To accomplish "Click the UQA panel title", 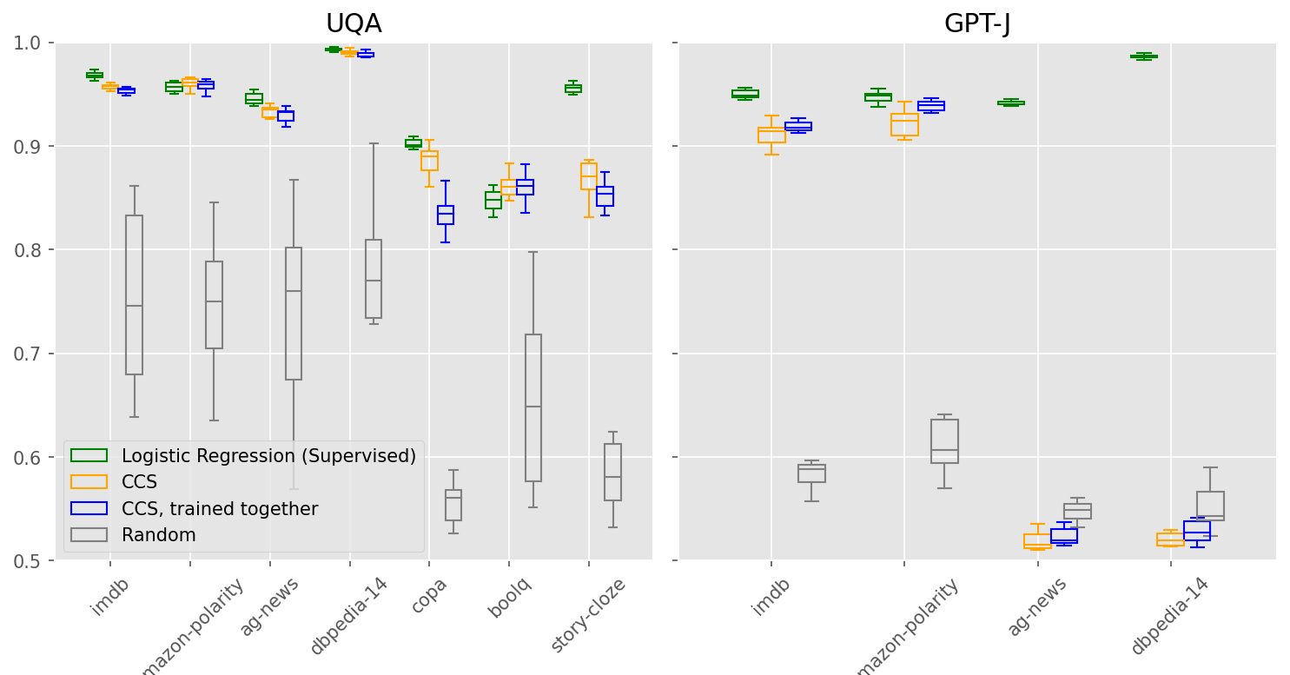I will [354, 23].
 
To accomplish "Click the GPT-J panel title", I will [977, 23].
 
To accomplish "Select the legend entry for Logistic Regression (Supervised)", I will [268, 456].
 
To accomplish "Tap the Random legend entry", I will [158, 535].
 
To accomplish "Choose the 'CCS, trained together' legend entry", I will [219, 509].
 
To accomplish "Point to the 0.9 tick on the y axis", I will [30, 147].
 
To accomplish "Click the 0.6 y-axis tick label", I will [30, 458].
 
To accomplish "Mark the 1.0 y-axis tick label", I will [30, 43].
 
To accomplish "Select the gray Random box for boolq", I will [533, 408].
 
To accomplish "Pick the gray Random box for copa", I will [453, 505].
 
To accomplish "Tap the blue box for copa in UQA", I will [446, 215].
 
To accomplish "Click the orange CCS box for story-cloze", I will [589, 176].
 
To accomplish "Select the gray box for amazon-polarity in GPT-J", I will [944, 441].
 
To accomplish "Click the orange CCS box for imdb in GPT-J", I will [771, 135].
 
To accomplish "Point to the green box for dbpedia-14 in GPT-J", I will [1143, 56].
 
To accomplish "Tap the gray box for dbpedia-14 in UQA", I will [374, 279].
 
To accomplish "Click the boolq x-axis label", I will [510, 598].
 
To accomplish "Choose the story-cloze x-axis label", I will [589, 615].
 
